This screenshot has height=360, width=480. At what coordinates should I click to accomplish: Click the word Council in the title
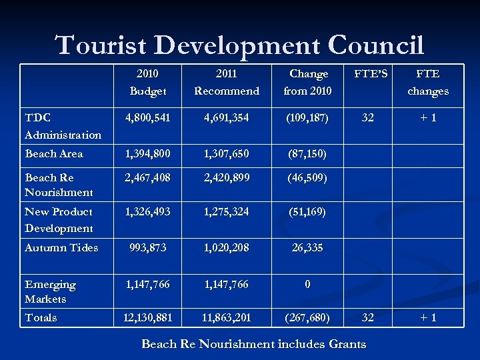pyautogui.click(x=376, y=45)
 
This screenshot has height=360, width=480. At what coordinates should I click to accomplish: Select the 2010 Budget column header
pyautogui.click(x=148, y=82)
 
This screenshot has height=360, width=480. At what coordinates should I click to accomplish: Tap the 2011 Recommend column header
pyautogui.click(x=227, y=82)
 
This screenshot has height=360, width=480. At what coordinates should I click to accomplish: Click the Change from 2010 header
pyautogui.click(x=307, y=82)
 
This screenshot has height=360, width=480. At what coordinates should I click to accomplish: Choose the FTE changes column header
pyautogui.click(x=427, y=82)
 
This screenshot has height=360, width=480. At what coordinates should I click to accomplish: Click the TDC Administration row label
pyautogui.click(x=63, y=125)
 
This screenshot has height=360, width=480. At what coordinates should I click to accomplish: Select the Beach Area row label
pyautogui.click(x=54, y=153)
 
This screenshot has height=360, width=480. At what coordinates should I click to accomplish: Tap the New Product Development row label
pyautogui.click(x=59, y=219)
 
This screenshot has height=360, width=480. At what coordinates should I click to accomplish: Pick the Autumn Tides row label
pyautogui.click(x=61, y=247)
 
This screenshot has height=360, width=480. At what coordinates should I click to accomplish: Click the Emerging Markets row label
pyautogui.click(x=50, y=291)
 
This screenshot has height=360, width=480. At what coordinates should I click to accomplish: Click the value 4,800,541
pyautogui.click(x=148, y=117)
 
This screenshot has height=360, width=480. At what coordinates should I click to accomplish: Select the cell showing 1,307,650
pyautogui.click(x=227, y=153)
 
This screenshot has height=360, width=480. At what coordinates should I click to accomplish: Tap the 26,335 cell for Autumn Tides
pyautogui.click(x=307, y=247)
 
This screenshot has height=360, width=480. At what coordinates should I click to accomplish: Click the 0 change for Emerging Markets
pyautogui.click(x=307, y=284)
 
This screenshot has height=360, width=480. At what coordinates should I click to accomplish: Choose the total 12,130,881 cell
pyautogui.click(x=148, y=317)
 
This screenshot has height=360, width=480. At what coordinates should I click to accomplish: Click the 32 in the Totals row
pyautogui.click(x=367, y=317)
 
